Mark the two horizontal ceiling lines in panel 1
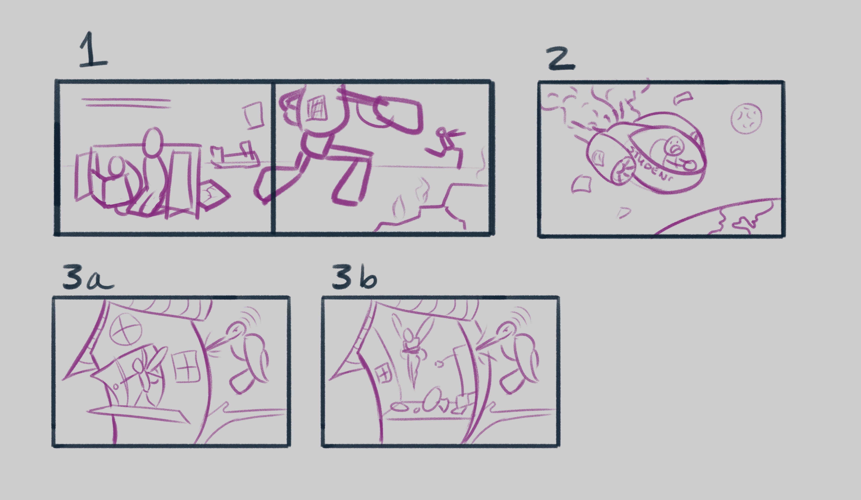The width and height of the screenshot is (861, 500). [x=126, y=103]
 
